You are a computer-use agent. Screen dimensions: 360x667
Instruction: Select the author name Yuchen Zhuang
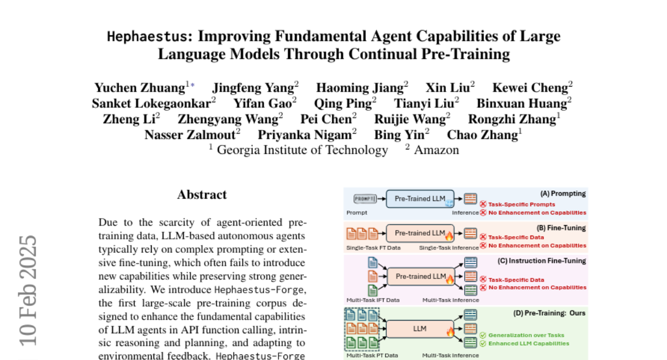140,88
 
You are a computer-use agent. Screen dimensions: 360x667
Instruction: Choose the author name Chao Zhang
481,134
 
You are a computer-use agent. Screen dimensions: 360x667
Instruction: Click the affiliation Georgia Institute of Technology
302,149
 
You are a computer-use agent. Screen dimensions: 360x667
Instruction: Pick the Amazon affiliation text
436,149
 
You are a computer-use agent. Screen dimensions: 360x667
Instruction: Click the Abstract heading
202,194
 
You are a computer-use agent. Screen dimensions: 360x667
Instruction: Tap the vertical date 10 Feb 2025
27,289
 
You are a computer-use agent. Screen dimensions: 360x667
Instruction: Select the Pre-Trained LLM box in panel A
420,198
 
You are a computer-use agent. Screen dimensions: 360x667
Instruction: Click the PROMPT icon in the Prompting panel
365,199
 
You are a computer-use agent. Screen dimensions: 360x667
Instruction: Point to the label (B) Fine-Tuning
562,228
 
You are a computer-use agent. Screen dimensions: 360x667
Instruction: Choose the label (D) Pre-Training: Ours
549,313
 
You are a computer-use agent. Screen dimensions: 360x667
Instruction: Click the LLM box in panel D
420,328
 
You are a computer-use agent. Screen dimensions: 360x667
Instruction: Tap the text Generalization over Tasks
525,335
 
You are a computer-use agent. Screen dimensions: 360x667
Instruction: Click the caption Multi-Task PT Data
372,355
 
